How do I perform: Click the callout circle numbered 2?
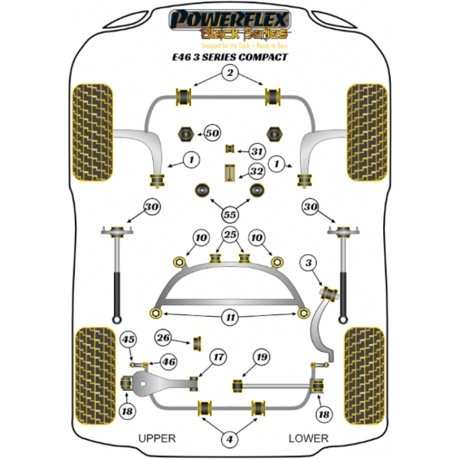click(x=229, y=73)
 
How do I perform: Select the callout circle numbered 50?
click(x=212, y=133)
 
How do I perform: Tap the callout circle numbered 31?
click(x=257, y=151)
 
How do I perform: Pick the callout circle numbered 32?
click(x=257, y=171)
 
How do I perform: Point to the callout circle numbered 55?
click(x=229, y=214)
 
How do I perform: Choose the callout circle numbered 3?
click(x=308, y=264)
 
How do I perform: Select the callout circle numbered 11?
click(x=229, y=317)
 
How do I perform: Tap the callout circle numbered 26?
click(x=163, y=337)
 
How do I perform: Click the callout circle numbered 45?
click(x=129, y=340)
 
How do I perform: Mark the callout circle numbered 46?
click(x=168, y=362)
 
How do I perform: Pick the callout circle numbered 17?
click(x=219, y=356)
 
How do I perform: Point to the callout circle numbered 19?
click(x=262, y=356)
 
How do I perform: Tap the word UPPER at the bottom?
click(x=158, y=438)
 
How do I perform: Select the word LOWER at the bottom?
click(x=308, y=438)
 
